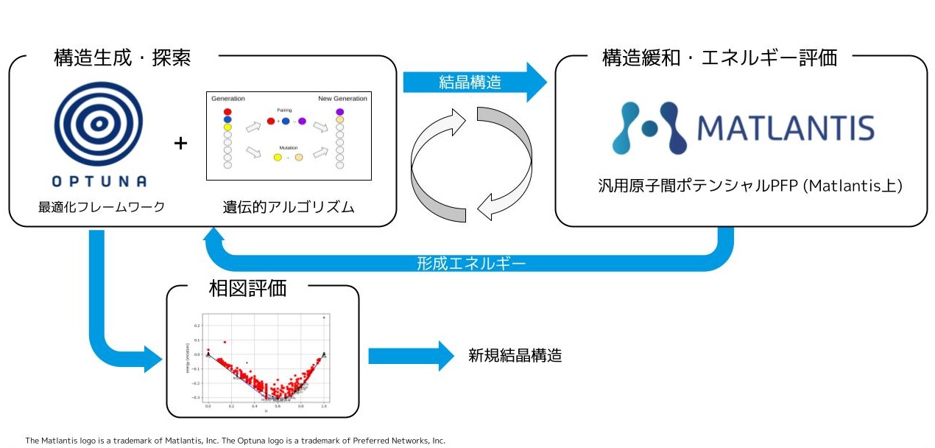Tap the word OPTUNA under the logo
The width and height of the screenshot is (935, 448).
[x=100, y=181]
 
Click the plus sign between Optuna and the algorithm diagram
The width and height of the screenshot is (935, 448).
[x=180, y=143]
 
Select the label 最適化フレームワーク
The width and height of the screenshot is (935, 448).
[x=102, y=207]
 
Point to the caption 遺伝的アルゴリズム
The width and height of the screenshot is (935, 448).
[x=289, y=207]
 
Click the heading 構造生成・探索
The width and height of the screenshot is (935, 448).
[x=123, y=57]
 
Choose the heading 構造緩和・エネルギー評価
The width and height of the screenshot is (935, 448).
[x=719, y=57]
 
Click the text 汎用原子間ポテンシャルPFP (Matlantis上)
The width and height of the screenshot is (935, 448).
[x=750, y=186]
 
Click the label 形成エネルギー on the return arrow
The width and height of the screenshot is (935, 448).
[x=471, y=263]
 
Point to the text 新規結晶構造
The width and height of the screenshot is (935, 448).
[x=515, y=355]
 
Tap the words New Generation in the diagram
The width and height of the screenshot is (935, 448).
[x=342, y=99]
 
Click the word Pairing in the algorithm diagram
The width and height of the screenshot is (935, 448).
[x=284, y=109]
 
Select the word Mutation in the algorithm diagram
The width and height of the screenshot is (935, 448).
[x=288, y=147]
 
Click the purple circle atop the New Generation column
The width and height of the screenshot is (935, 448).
[x=339, y=112]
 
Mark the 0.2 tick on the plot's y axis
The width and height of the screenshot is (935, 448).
[x=197, y=325]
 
